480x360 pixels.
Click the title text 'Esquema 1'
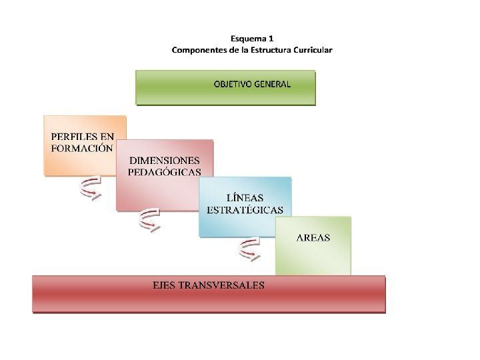tap(252, 39)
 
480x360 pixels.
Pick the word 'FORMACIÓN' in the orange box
tap(82, 149)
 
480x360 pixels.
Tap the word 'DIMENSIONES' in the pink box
tap(164, 161)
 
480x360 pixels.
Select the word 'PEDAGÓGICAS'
tap(164, 172)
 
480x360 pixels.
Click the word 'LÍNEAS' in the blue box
tap(245, 198)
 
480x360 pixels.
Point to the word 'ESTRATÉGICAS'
tap(245, 209)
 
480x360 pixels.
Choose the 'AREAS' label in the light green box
tap(313, 237)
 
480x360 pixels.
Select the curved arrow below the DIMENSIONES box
tap(149, 221)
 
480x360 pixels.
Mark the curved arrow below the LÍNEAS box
tap(249, 250)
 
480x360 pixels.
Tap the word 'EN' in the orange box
tap(107, 137)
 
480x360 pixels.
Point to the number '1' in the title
tap(271, 39)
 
